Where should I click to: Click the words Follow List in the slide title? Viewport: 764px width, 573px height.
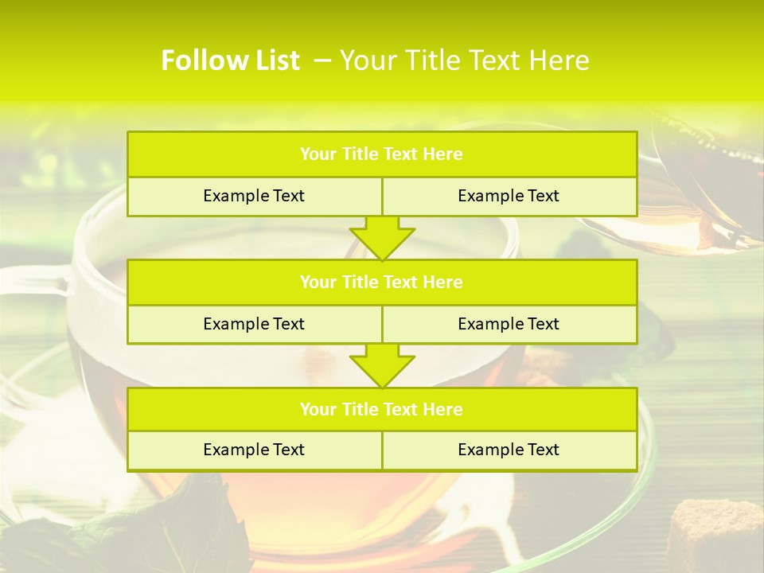point(230,60)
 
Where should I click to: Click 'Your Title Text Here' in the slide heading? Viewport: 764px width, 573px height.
point(465,60)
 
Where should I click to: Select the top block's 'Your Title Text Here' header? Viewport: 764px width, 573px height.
point(381,154)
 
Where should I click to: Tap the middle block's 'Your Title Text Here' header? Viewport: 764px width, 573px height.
point(381,282)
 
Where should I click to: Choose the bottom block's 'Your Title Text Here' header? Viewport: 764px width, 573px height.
point(381,409)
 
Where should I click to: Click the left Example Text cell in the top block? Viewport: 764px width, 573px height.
point(254,196)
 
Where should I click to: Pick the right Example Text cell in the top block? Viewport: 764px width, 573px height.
point(509,196)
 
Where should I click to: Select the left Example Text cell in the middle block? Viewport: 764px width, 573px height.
point(254,324)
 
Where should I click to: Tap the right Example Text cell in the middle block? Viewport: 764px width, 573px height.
point(509,324)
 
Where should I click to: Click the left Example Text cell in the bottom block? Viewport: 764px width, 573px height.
point(254,450)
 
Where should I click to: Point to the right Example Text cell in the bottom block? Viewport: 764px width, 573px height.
point(509,450)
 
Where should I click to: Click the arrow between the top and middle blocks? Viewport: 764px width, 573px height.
point(382,237)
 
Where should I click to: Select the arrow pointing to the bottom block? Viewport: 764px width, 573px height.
point(382,365)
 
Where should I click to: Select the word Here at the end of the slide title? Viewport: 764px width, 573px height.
point(562,60)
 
